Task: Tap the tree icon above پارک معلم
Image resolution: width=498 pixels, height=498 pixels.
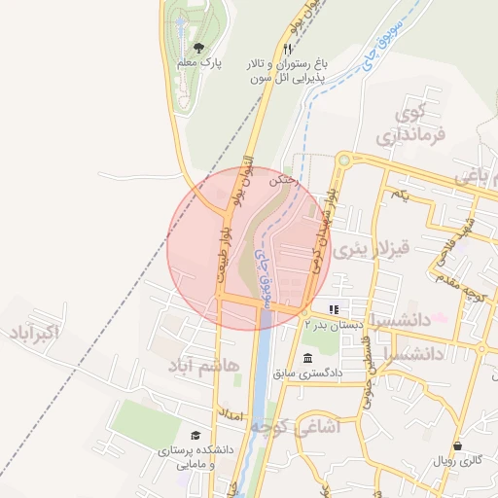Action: (x=199, y=46)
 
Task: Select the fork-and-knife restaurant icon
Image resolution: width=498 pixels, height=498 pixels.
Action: (x=287, y=49)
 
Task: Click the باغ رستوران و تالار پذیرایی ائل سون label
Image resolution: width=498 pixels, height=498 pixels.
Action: (x=287, y=71)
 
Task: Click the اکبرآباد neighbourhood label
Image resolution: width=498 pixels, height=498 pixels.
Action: (x=34, y=336)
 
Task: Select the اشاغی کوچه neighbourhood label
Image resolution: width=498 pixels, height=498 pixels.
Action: (x=292, y=426)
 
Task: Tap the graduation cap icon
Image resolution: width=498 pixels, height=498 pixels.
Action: (x=196, y=437)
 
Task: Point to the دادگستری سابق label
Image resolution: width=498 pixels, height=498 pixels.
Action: (x=307, y=373)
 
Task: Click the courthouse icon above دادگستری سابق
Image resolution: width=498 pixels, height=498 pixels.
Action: (x=308, y=356)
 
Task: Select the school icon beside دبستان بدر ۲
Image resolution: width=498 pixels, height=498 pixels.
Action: (x=334, y=308)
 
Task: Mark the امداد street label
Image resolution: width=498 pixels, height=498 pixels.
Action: (x=230, y=414)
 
